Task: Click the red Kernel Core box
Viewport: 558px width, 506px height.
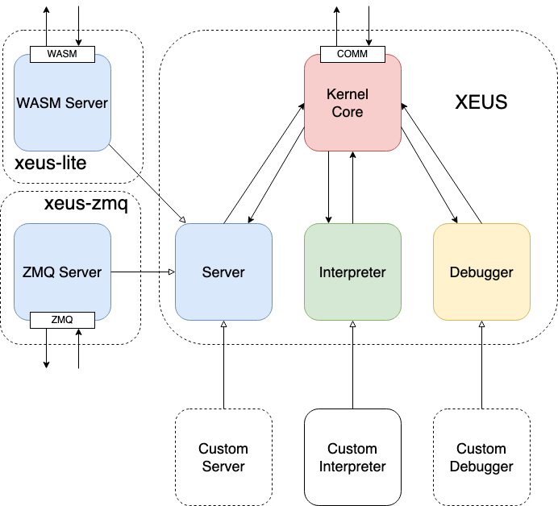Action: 352,102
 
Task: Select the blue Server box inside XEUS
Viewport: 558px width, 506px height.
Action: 223,272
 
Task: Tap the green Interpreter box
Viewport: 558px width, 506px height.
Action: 352,272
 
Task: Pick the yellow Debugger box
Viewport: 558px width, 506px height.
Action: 481,272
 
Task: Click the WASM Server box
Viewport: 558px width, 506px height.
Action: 62,103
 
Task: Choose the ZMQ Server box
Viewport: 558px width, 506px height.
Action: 62,272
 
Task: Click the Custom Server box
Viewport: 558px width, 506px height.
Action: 223,457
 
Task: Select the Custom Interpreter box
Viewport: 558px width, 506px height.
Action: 352,457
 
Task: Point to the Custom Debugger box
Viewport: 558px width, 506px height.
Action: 481,457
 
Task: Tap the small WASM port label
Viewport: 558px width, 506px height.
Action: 62,54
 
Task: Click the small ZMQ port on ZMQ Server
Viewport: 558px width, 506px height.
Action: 62,320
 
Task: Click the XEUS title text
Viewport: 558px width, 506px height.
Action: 481,102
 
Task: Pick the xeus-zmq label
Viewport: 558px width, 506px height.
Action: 85,204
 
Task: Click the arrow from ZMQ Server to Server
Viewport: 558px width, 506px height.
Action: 143,272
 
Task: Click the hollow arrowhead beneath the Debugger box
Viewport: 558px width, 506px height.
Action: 482,325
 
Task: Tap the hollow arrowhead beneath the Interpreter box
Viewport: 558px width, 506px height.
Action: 353,325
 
